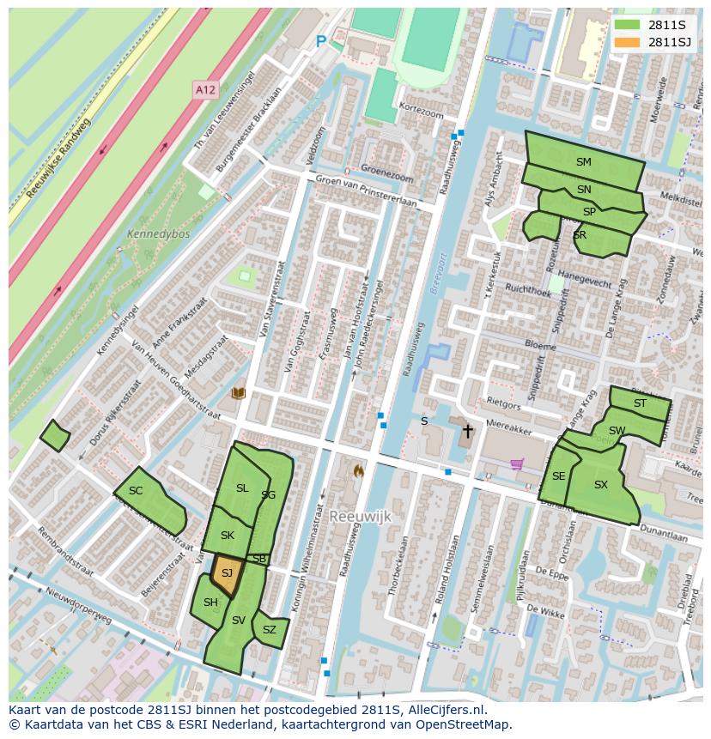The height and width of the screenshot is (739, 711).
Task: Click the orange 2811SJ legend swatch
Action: tap(627, 42)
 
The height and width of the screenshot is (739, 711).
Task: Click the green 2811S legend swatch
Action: tap(627, 24)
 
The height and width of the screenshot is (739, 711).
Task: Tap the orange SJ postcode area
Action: tap(227, 574)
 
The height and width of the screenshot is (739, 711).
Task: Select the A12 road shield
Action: tap(204, 89)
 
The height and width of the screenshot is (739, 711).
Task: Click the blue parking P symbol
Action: tap(321, 41)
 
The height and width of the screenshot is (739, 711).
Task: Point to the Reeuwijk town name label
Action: tap(360, 516)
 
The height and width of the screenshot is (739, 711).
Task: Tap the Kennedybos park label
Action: tap(158, 233)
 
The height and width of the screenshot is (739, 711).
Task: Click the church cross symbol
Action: tap(467, 430)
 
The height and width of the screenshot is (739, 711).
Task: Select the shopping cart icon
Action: tap(517, 464)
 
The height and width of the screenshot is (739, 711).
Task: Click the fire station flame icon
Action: tap(358, 470)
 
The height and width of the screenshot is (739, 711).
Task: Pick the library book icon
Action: tap(239, 393)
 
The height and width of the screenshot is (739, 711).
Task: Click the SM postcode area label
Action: tap(584, 162)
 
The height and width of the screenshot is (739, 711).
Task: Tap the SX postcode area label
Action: tap(601, 485)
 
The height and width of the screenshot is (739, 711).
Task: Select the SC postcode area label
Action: tap(136, 491)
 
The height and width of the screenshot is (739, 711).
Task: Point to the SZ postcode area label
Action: tap(270, 630)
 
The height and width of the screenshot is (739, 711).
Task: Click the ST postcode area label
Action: tap(640, 403)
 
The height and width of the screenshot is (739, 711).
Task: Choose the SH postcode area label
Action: tap(210, 603)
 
